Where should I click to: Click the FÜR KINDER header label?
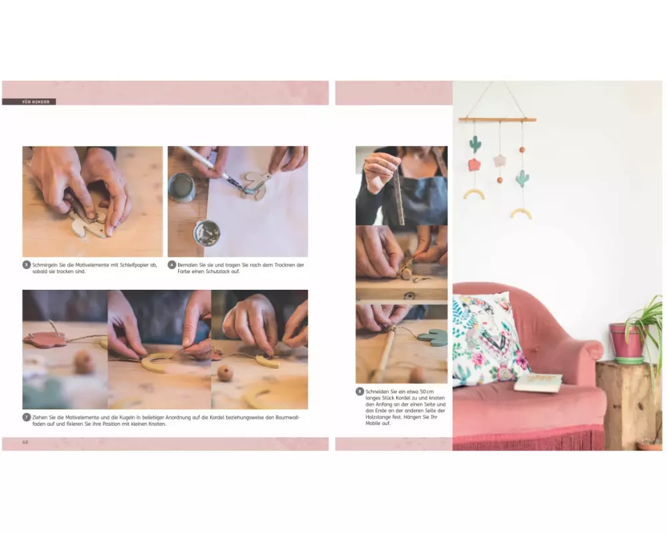[36, 102]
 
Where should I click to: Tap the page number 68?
[25, 442]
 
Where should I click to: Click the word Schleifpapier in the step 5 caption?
[135, 265]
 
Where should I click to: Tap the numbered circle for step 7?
[27, 417]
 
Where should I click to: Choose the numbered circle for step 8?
[360, 392]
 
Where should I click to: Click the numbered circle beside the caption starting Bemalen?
[172, 265]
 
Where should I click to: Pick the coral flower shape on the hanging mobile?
[474, 165]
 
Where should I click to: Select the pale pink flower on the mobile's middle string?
[500, 161]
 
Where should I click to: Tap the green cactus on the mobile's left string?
[475, 144]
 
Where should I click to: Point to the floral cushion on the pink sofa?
[488, 338]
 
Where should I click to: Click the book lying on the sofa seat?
[538, 382]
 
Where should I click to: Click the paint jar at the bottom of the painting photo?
[207, 233]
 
